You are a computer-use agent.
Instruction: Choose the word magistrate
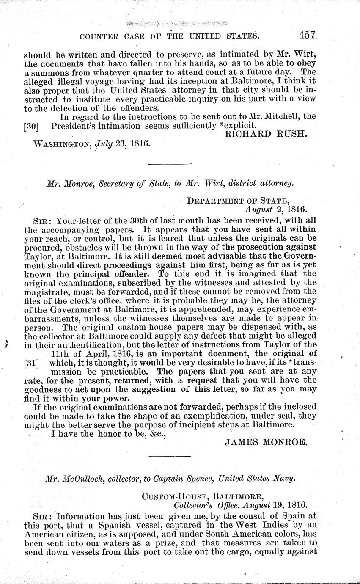click(46, 292)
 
